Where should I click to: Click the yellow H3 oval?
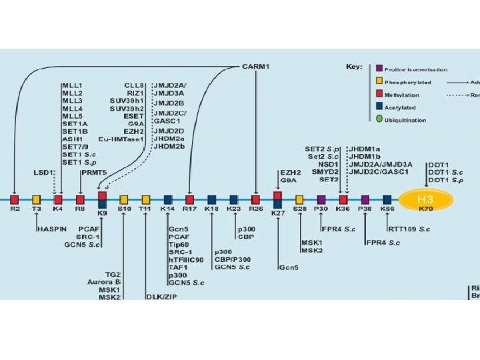point(426,199)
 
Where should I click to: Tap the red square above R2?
point(15,199)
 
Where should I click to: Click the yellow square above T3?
point(37,199)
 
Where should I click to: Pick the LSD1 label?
point(43,172)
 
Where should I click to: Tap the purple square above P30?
point(321,199)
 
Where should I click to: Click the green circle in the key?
point(379,120)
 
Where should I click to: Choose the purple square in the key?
point(379,69)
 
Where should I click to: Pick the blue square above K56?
point(387,199)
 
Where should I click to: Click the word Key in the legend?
point(353,67)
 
